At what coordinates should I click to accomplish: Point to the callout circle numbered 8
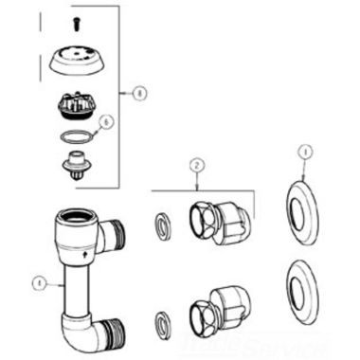[139, 94]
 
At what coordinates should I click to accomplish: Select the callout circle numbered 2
[196, 165]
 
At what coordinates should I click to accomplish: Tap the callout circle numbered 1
[304, 150]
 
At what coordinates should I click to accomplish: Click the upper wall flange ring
[304, 207]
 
